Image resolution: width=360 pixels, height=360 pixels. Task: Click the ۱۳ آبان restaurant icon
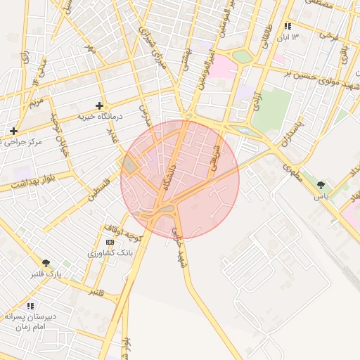pyautogui.click(x=287, y=26)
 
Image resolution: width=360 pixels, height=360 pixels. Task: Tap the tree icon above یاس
pyautogui.click(x=321, y=185)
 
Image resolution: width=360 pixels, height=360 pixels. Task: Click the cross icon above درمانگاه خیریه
pyautogui.click(x=99, y=105)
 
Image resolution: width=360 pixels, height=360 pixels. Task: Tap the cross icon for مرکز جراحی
pyautogui.click(x=13, y=131)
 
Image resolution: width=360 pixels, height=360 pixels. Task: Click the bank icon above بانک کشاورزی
pyautogui.click(x=108, y=241)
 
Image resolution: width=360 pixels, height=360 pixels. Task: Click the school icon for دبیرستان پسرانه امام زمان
pyautogui.click(x=30, y=306)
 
